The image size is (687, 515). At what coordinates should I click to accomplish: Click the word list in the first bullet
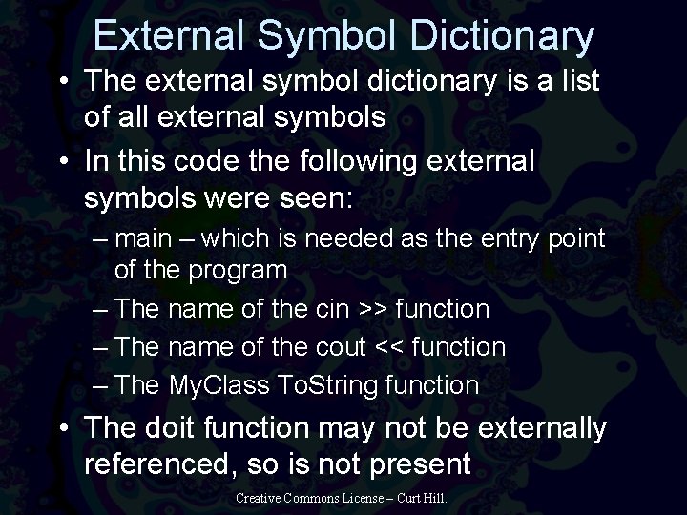(577, 81)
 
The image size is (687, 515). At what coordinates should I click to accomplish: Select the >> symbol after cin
(372, 309)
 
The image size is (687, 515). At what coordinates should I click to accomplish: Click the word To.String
(322, 385)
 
